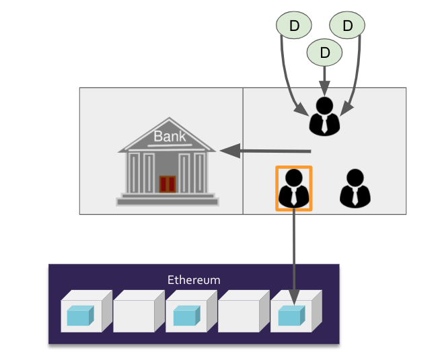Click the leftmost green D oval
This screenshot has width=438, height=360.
(294, 26)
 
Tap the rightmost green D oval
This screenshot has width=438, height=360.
(347, 26)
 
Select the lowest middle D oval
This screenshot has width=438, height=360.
(325, 52)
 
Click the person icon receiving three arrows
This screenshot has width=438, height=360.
(324, 116)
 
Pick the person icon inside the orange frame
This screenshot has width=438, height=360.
(294, 188)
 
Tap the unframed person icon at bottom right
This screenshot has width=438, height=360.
(355, 188)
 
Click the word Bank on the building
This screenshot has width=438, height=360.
(169, 137)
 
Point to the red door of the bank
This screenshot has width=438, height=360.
(167, 183)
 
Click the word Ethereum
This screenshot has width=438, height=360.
(194, 279)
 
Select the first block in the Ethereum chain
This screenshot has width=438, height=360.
(82, 313)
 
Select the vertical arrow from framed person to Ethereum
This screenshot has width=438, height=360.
(294, 249)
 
